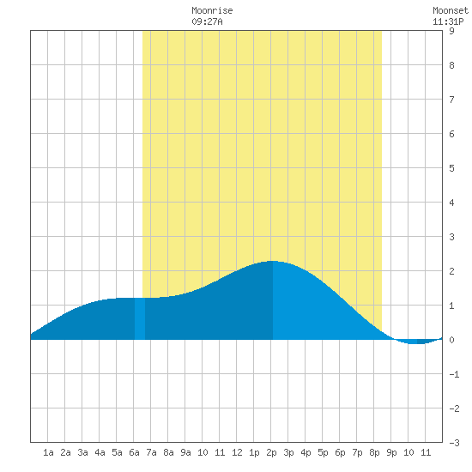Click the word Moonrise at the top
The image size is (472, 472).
tap(212, 11)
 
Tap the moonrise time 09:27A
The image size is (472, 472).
tap(207, 22)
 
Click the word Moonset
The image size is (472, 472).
tap(451, 11)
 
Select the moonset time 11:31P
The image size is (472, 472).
tap(448, 22)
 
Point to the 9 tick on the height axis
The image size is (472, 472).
tap(451, 31)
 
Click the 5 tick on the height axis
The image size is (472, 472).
tap(451, 168)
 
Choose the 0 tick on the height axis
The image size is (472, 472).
tap(451, 340)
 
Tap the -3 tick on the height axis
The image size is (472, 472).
tap(454, 443)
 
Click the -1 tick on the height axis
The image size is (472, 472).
tap(454, 374)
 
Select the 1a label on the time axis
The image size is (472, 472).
tap(48, 452)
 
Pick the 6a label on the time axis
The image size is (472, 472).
tap(134, 452)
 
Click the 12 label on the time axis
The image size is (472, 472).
tap(237, 452)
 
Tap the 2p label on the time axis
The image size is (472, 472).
tap(271, 452)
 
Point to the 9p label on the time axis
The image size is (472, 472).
tap(391, 452)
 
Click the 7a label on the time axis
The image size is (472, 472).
tap(151, 452)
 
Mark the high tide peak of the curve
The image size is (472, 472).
tap(272, 261)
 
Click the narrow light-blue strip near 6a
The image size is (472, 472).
tap(140, 318)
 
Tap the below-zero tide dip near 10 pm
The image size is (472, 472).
tap(418, 342)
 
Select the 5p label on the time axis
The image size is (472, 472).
tap(323, 452)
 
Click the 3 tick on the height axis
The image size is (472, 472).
tap(451, 237)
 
